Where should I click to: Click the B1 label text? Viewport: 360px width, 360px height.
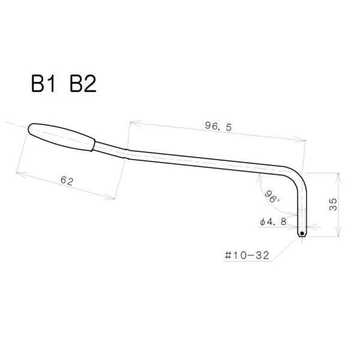[x=43, y=84]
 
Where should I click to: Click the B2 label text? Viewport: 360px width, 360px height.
[x=83, y=84]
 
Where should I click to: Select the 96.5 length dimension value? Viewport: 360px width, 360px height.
[x=218, y=127]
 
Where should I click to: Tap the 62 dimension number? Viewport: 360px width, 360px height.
[x=67, y=181]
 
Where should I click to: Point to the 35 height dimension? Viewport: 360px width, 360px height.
[x=333, y=205]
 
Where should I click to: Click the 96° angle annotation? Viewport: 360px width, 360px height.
[x=272, y=197]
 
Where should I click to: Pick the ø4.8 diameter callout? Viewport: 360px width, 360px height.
[x=273, y=222]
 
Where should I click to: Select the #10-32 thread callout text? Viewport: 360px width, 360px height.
[x=247, y=256]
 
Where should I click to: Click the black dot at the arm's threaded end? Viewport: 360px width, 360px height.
[x=302, y=233]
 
